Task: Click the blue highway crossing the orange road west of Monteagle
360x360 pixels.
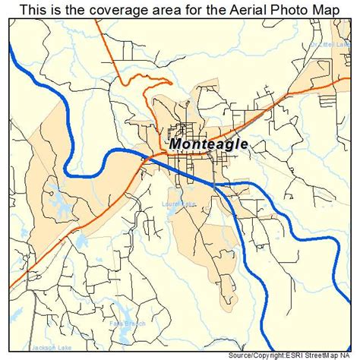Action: pos(144,158)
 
